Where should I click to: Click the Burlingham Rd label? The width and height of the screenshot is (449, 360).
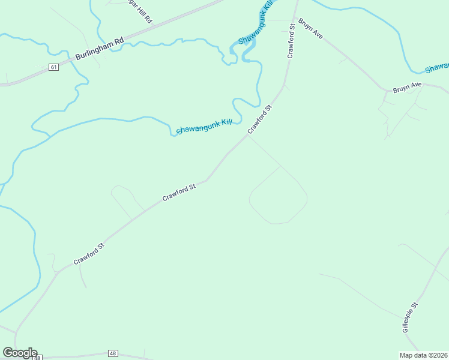100,49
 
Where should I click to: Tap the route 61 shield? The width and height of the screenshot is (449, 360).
54,67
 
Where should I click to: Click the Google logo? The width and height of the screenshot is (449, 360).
20,353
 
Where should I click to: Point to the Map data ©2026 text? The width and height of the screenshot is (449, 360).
424,355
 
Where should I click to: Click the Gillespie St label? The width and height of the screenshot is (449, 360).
410,317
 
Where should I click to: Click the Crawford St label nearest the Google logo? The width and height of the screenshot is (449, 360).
89,253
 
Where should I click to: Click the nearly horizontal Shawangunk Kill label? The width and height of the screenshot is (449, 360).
204,126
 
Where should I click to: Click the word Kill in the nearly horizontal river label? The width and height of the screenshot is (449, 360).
226,122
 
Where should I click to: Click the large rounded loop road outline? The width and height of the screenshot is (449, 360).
278,195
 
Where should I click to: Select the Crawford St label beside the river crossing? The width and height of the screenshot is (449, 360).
260,119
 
